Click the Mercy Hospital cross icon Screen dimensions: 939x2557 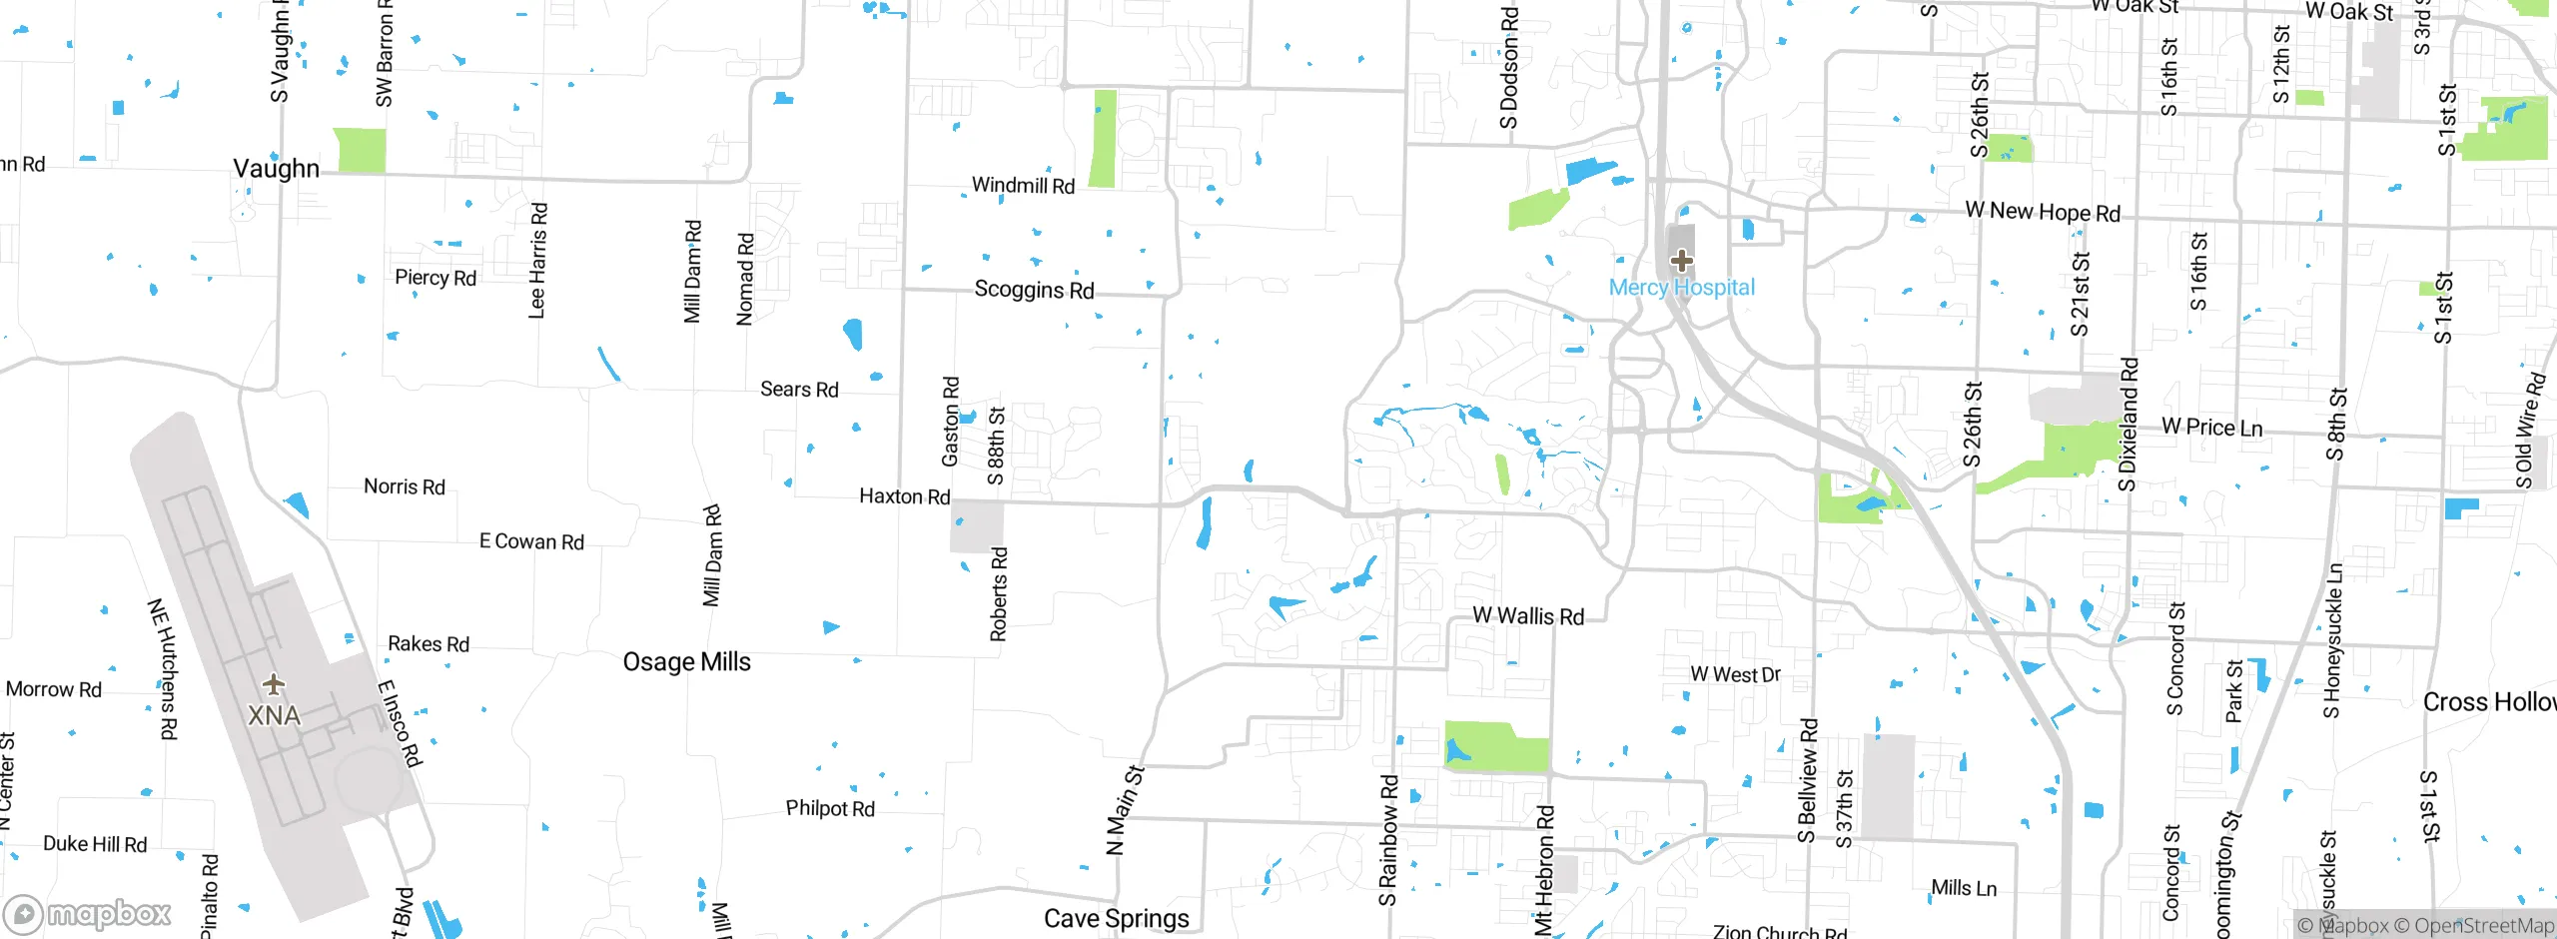pos(1681,261)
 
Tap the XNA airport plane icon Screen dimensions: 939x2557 pos(274,685)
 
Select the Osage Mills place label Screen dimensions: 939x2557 pos(686,661)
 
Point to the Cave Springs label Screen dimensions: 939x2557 pos(1116,918)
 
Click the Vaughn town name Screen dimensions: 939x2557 pos(276,168)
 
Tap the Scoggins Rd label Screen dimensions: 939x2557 pos(1034,290)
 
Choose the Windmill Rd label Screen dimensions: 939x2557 pos(1023,186)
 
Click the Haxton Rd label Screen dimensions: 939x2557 pos(904,496)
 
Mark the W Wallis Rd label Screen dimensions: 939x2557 pos(1527,616)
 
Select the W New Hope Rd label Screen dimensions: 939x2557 pos(2042,212)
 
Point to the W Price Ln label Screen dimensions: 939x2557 pos(2211,428)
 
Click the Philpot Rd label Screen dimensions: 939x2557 pos(829,808)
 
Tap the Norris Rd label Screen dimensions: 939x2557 pos(404,486)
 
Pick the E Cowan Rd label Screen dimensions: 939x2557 pos(531,541)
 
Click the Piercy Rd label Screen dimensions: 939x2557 pos(434,278)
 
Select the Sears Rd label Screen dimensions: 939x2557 pos(799,390)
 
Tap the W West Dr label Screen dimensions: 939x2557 pos(1735,675)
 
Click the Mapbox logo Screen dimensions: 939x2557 pos(88,913)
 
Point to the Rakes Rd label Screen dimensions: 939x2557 pos(427,644)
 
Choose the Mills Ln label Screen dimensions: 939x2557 pos(1963,888)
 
